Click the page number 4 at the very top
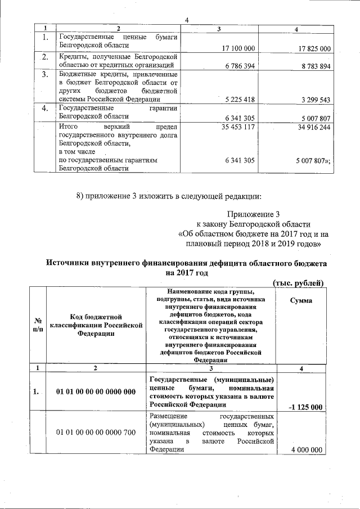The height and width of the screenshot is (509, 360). pos(186,21)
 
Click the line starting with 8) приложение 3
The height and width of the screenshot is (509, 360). pos(168,196)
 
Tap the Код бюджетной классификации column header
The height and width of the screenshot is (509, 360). pos(96,326)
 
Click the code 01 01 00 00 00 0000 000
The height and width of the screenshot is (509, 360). pos(96,392)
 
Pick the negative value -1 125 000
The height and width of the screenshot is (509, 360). pos(304,407)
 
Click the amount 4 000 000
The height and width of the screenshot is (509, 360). pos(307,449)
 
